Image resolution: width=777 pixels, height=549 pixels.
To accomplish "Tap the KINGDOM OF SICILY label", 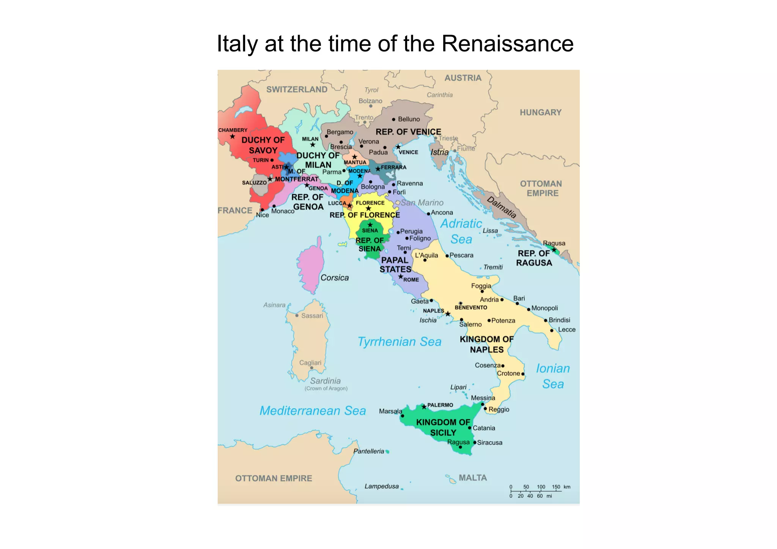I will tap(443, 427).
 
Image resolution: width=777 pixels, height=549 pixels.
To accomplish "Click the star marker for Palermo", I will tap(424, 407).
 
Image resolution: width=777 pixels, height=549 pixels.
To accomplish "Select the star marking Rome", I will tap(401, 277).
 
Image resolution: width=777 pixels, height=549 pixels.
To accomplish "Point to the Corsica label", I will tap(334, 278).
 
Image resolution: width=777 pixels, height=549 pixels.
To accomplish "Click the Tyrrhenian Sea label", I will tap(400, 342).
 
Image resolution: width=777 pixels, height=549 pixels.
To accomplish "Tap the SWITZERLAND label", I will tap(297, 90).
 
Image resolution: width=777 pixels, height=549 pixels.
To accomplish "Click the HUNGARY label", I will tap(540, 112).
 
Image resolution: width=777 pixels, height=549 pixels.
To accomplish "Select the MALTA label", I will tap(473, 478).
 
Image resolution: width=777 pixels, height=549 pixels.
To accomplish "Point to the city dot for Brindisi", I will tap(546, 321).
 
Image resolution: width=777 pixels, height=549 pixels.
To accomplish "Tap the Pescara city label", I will tap(461, 255).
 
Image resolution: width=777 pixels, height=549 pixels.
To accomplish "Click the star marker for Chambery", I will tap(233, 137).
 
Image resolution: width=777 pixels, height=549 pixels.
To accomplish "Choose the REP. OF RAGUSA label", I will tap(534, 258).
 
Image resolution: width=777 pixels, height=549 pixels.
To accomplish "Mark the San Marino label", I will tap(422, 203).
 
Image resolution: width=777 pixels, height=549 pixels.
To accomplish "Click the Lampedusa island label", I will tap(382, 486).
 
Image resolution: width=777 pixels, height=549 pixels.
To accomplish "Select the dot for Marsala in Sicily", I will tap(403, 416).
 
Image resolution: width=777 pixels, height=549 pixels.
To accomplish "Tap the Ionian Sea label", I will tap(553, 376).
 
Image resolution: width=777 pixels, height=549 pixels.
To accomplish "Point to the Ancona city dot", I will tap(428, 214).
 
